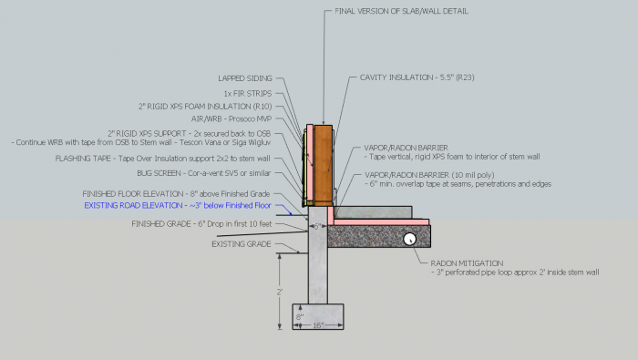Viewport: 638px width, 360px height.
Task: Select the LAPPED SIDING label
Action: point(244,78)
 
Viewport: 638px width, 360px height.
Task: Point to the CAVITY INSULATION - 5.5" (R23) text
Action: point(411,79)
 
